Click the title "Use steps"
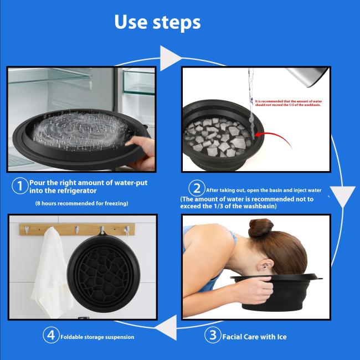click(157, 22)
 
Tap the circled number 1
click(19, 187)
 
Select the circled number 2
click(196, 187)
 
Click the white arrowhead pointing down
click(346, 196)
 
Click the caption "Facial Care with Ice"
click(254, 336)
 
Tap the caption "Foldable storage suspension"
click(97, 337)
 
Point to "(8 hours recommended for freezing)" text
click(81, 203)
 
